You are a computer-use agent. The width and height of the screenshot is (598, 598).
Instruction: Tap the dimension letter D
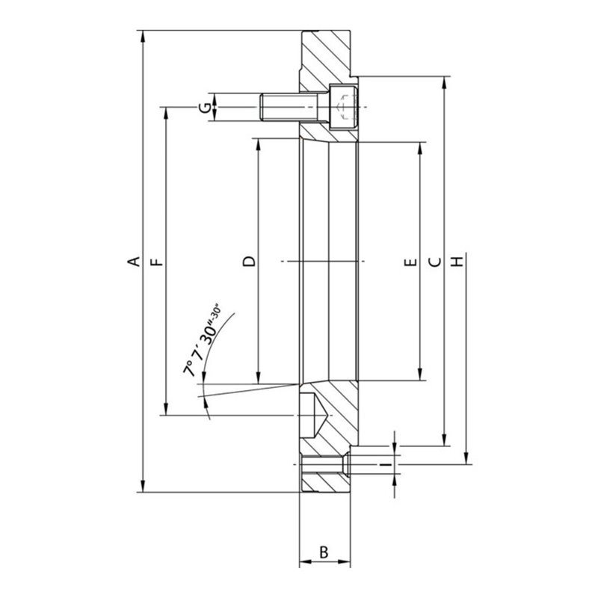click(250, 262)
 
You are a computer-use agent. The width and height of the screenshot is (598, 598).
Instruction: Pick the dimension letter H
click(457, 262)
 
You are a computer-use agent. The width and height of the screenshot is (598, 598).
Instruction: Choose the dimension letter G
click(203, 107)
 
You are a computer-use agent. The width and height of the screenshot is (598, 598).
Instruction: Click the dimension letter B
click(324, 552)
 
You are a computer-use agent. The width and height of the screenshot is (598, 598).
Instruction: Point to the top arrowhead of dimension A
click(142, 36)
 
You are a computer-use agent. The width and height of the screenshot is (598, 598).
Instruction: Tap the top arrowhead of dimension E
click(421, 144)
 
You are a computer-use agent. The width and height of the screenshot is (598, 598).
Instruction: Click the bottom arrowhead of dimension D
click(259, 380)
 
